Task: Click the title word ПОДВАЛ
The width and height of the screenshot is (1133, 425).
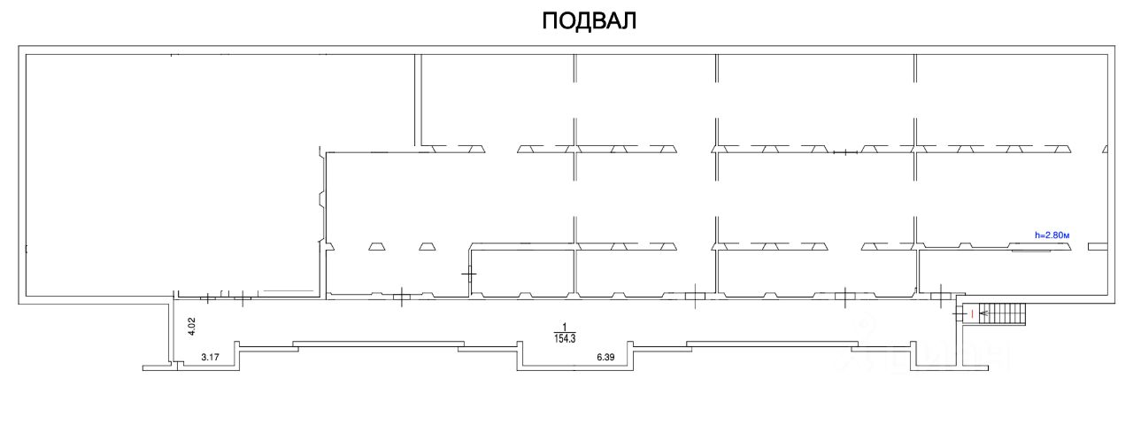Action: tap(589, 21)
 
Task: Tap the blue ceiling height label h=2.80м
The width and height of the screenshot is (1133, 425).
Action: tap(1052, 235)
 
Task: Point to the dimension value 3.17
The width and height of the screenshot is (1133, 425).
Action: tap(210, 358)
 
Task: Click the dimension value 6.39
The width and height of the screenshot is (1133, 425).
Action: tap(605, 358)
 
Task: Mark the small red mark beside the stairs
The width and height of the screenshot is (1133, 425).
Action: tap(972, 313)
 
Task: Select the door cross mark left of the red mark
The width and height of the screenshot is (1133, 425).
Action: tap(960, 313)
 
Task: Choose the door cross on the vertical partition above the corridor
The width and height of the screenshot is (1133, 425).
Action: tap(468, 274)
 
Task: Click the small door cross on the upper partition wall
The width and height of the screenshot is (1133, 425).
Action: tap(846, 153)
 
